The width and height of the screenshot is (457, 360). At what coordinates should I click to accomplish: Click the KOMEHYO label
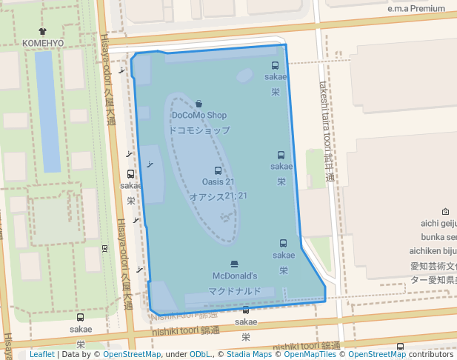point(43,44)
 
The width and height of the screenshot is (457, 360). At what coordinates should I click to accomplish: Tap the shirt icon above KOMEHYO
point(43,32)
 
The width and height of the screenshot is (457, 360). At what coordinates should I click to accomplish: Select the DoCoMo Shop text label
point(199,116)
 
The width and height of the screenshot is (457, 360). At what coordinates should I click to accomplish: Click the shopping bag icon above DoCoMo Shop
point(199,104)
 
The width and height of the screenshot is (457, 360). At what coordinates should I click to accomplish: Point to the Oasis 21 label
point(218,182)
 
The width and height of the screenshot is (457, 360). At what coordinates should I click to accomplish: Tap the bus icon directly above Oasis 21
point(218,171)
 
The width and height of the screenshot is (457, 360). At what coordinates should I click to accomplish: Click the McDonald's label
point(235,276)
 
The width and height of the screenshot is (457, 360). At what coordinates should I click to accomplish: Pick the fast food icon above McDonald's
point(235,264)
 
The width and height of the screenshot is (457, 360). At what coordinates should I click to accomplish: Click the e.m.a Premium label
point(417,9)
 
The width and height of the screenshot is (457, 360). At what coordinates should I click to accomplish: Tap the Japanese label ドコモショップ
point(199,130)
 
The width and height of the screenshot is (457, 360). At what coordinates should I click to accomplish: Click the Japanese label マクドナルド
point(235,291)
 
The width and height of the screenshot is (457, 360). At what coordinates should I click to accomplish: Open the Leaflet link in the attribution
point(42,354)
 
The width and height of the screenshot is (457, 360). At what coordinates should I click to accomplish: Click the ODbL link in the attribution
point(200,354)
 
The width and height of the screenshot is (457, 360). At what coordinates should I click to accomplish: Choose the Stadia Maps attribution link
point(247,354)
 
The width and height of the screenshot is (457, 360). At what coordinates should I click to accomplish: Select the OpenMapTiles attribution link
point(307,354)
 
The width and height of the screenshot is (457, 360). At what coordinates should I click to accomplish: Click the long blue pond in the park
point(47,111)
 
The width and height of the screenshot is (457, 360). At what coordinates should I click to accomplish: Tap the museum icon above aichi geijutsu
point(445,212)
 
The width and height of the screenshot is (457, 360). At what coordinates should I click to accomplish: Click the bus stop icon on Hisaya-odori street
point(130,174)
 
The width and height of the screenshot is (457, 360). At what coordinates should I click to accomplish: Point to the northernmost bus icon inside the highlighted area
point(275,66)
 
